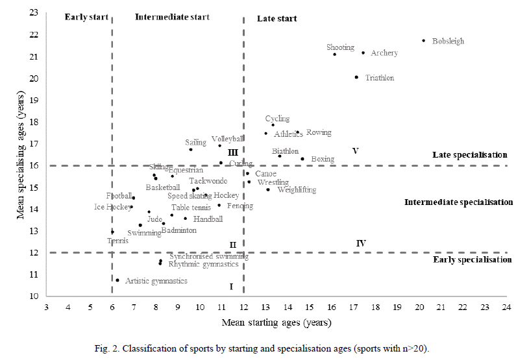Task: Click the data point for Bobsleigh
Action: pos(424,40)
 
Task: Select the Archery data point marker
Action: pos(363,53)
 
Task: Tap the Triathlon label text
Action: pos(379,78)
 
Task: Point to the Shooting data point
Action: pos(335,54)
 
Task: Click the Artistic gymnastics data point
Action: pos(117,280)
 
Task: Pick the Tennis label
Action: pos(117,241)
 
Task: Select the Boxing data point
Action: pos(302,159)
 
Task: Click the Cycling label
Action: pos(277,119)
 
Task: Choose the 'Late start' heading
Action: pos(277,19)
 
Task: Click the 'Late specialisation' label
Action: pos(470,155)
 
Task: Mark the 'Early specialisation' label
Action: pos(472,259)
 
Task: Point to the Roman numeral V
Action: pos(355,150)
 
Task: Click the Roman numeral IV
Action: pos(361,243)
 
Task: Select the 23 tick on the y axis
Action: pos(34,13)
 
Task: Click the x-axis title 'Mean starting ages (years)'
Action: pos(277,322)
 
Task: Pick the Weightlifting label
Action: pos(297,190)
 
